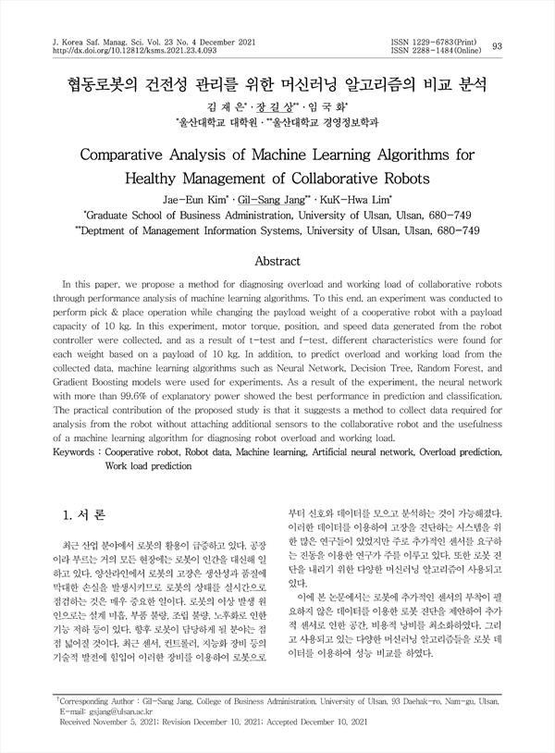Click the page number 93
(498, 46)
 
